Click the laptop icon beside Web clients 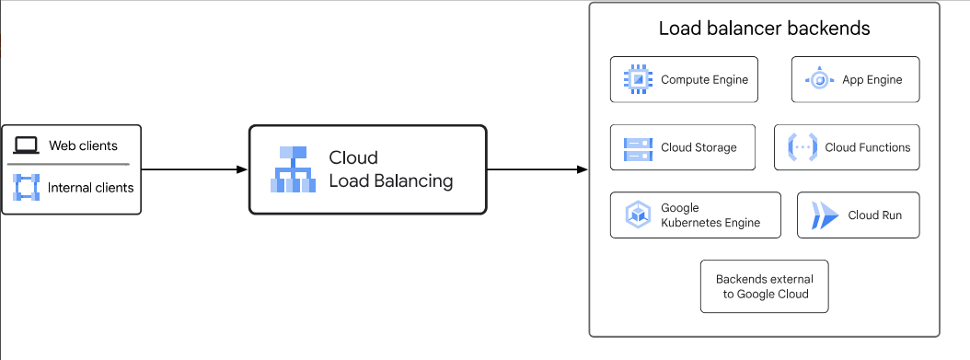26,145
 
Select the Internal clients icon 26,187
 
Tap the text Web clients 83,145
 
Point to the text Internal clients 90,188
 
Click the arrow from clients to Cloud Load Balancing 194,169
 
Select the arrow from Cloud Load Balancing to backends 537,169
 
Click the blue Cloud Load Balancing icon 293,169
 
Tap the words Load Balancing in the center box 390,181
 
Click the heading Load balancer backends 764,29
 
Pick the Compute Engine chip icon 637,79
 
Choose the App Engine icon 819,80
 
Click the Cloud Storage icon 637,147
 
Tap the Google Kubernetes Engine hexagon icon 638,215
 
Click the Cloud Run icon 824,216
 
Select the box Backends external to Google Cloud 763,286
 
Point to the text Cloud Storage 699,147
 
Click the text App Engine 872,80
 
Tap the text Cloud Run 874,215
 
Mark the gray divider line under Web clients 69,166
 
